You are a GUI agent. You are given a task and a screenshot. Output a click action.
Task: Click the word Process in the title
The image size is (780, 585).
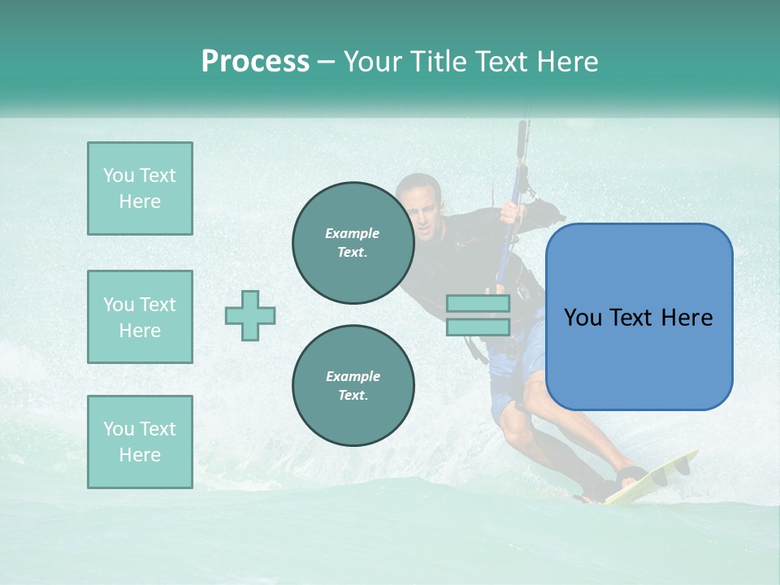point(255,62)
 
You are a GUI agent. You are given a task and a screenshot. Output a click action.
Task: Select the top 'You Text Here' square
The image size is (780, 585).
point(140,188)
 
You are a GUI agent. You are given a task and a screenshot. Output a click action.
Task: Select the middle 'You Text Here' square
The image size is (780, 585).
point(140,317)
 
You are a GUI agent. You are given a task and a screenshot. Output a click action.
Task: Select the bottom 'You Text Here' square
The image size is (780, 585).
point(140,442)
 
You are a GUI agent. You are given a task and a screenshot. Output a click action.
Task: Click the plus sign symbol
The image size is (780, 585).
point(250,315)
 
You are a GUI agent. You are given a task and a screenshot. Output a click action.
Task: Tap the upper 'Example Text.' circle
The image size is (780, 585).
point(353,243)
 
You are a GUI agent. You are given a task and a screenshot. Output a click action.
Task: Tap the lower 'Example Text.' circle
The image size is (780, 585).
point(353,385)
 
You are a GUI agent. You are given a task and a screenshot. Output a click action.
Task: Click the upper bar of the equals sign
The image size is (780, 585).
point(478,304)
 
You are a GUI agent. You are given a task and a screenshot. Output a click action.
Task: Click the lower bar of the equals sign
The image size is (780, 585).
point(478,327)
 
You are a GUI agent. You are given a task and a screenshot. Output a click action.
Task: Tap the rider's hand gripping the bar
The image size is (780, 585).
point(512,213)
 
